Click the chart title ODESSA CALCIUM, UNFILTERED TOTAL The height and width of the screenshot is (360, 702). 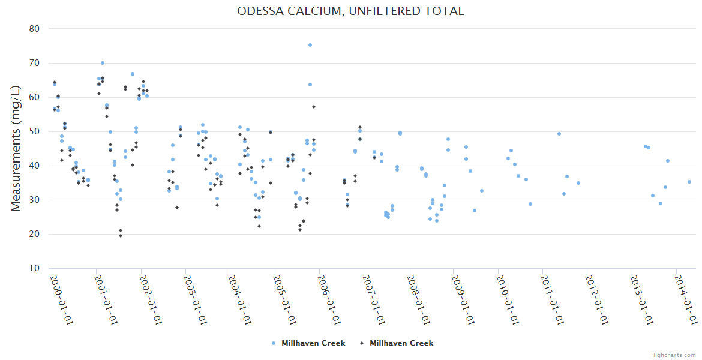pos(350,11)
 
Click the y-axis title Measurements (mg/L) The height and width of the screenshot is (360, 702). pos(16,148)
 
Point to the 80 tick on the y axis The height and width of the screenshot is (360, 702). pos(34,29)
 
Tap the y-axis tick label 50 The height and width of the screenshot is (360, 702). pos(34,131)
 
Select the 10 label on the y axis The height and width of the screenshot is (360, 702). pos(34,268)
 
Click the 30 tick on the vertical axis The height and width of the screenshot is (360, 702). pos(34,200)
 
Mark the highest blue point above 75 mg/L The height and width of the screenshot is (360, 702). pos(310,45)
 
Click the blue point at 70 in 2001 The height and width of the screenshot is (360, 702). pos(103,63)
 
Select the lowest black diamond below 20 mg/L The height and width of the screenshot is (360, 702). pos(121,236)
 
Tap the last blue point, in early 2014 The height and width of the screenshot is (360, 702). pos(689,182)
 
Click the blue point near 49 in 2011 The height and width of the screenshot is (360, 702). pos(559,134)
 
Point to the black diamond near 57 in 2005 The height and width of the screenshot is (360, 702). pos(314,107)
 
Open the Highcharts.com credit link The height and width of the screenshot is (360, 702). pos(673,355)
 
